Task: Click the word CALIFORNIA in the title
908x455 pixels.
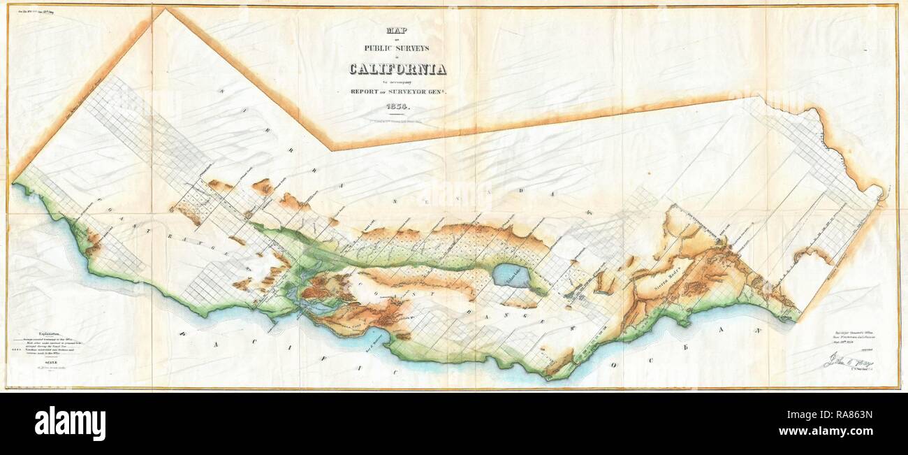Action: pos(399,68)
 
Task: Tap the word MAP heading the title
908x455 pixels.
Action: pos(399,30)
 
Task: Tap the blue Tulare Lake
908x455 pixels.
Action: pos(511,275)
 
